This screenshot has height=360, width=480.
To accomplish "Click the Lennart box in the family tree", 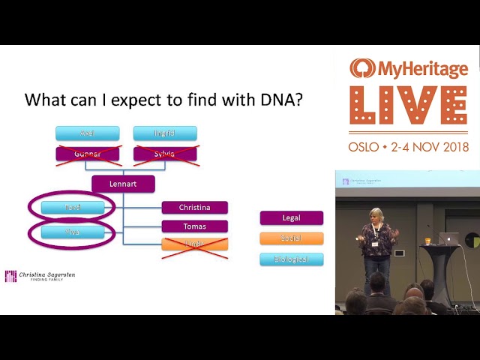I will click(x=123, y=184).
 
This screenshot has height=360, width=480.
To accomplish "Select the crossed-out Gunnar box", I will click(x=87, y=154).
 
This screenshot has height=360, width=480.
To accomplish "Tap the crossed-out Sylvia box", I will click(x=165, y=154).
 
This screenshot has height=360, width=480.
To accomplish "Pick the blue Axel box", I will click(x=87, y=133).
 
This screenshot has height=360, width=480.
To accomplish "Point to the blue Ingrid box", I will click(x=165, y=133).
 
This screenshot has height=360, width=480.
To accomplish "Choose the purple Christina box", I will click(x=194, y=208).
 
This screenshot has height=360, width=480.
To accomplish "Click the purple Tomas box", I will click(x=194, y=226).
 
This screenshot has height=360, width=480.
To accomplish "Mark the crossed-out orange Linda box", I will click(x=194, y=244).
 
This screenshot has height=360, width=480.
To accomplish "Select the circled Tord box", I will click(x=73, y=208).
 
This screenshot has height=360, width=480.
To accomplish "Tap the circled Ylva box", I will click(x=73, y=232).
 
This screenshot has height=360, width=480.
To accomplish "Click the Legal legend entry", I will click(x=292, y=218).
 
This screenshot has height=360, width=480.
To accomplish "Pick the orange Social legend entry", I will click(x=292, y=238).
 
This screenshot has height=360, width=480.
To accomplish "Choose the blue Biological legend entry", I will click(x=292, y=259).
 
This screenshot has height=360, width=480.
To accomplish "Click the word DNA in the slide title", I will click(x=279, y=100).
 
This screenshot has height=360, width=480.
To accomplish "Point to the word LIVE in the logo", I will click(x=408, y=106).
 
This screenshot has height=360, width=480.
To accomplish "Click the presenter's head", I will click(x=376, y=216).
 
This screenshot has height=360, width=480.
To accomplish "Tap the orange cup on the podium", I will click(x=427, y=241).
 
